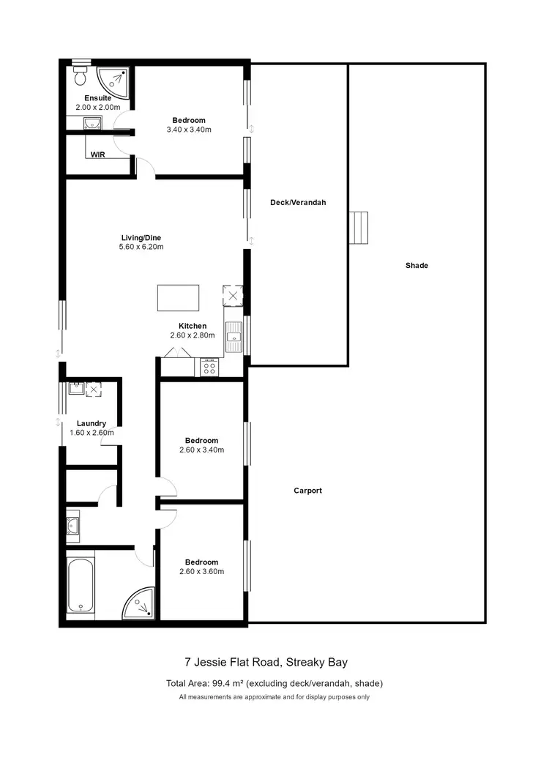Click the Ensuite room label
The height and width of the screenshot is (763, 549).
click(x=97, y=98)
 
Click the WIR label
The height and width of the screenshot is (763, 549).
click(x=97, y=155)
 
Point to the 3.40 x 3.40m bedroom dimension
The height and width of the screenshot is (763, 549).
click(x=189, y=130)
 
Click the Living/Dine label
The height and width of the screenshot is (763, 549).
click(x=141, y=237)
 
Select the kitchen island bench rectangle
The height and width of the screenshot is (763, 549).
click(x=178, y=298)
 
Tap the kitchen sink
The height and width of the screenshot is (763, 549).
click(x=234, y=337)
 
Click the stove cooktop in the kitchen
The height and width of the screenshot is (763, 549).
click(x=209, y=368)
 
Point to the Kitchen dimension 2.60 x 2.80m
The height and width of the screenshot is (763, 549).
click(x=193, y=335)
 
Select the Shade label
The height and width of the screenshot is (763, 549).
click(x=417, y=265)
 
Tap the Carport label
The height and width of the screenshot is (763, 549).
click(x=307, y=491)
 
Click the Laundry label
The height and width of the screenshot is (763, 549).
click(x=91, y=423)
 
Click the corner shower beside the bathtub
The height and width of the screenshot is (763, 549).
click(x=140, y=603)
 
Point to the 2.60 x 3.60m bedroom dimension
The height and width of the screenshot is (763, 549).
click(x=201, y=572)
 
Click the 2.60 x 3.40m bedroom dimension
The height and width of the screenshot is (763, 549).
click(x=201, y=450)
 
